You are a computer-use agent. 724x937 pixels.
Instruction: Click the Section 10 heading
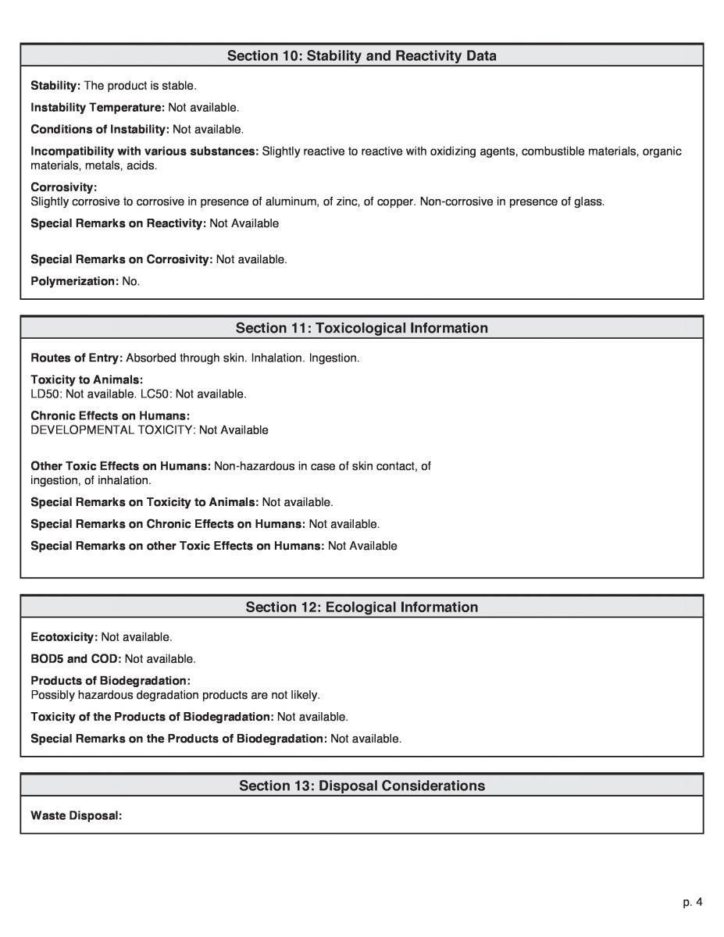click(x=362, y=55)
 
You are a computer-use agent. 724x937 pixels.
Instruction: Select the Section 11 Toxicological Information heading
click(x=362, y=328)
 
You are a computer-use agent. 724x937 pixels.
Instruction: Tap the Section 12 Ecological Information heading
click(x=362, y=607)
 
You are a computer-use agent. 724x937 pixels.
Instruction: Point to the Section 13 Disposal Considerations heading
click(x=362, y=786)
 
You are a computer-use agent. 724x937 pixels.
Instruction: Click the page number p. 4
click(x=693, y=903)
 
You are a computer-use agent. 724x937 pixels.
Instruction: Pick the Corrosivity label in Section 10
click(x=63, y=187)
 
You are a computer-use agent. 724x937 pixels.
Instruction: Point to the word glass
click(x=587, y=201)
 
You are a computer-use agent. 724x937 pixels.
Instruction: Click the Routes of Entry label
click(x=77, y=358)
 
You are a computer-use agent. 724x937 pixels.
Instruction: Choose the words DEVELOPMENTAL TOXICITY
click(x=112, y=429)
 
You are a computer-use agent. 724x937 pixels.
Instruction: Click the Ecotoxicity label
click(x=64, y=637)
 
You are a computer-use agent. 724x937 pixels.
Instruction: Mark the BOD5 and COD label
click(x=76, y=659)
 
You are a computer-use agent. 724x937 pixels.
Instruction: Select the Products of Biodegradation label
click(x=110, y=681)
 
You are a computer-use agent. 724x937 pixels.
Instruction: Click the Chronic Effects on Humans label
click(x=110, y=415)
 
